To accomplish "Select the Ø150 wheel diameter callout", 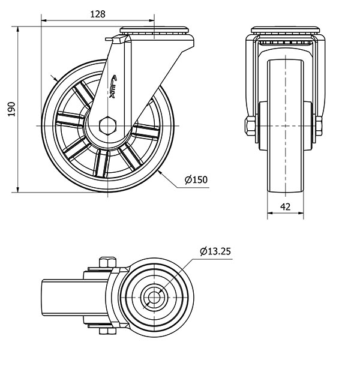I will click(196, 179).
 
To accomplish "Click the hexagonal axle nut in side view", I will click(107, 126).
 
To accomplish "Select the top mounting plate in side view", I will click(156, 30).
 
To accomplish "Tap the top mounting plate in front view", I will click(285, 30).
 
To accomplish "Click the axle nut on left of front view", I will click(250, 126).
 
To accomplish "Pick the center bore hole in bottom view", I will click(154, 296).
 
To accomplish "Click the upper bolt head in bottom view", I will click(107, 262).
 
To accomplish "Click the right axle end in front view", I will click(319, 125).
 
